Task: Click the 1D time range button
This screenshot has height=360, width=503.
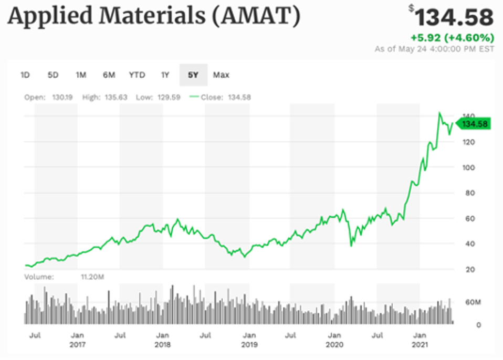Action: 25,75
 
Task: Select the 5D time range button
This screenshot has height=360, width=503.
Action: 53,75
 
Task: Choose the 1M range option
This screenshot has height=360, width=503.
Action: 81,75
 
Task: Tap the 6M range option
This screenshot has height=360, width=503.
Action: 109,75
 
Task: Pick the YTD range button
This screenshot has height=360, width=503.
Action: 137,75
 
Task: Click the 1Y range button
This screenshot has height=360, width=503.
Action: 165,75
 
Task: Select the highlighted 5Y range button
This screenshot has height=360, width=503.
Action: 193,75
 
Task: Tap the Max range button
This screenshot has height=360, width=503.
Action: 221,75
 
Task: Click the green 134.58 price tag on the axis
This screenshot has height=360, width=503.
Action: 474,124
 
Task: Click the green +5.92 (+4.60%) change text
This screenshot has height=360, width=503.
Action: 452,38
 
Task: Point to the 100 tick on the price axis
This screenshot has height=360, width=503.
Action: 468,167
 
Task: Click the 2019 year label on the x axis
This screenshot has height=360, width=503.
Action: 249,345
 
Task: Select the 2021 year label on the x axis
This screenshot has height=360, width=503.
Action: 420,345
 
